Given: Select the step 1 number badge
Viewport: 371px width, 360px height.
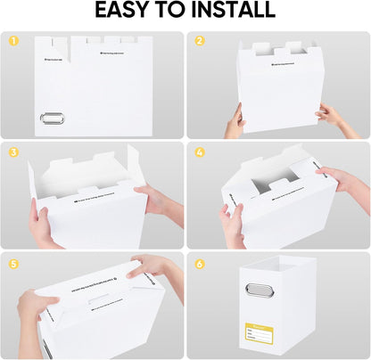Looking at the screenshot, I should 13,42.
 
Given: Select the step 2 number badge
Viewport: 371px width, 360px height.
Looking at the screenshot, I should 200,42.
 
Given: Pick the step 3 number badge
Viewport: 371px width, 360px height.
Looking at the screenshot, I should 13,151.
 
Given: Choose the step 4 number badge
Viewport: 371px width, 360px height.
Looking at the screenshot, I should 200,151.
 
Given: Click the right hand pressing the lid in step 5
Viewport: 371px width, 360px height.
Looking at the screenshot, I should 153,267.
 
